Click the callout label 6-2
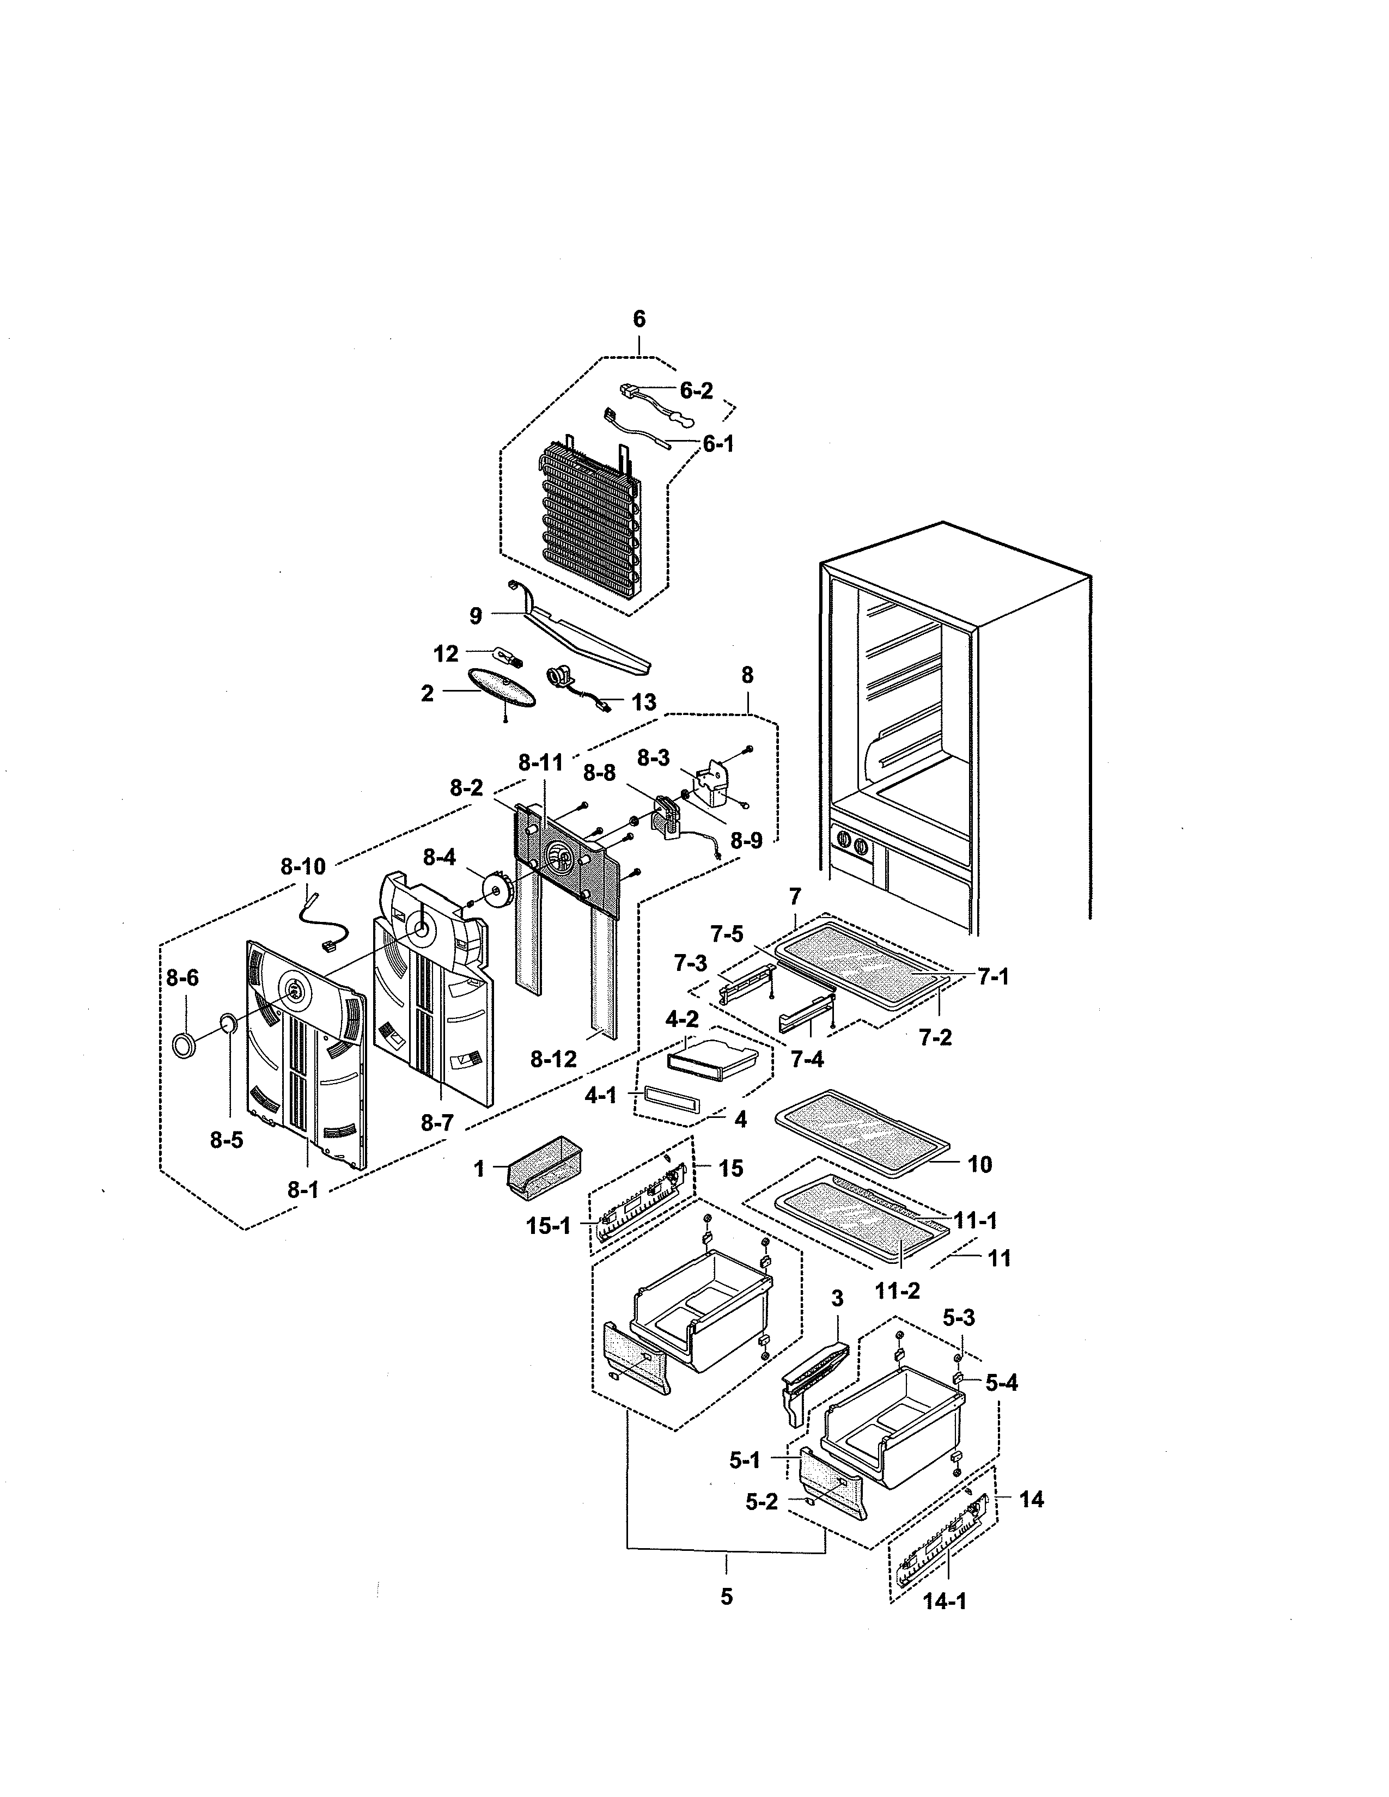[696, 391]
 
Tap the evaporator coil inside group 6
[591, 527]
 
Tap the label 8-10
[303, 866]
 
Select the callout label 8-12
[553, 1060]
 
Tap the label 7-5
[727, 934]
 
